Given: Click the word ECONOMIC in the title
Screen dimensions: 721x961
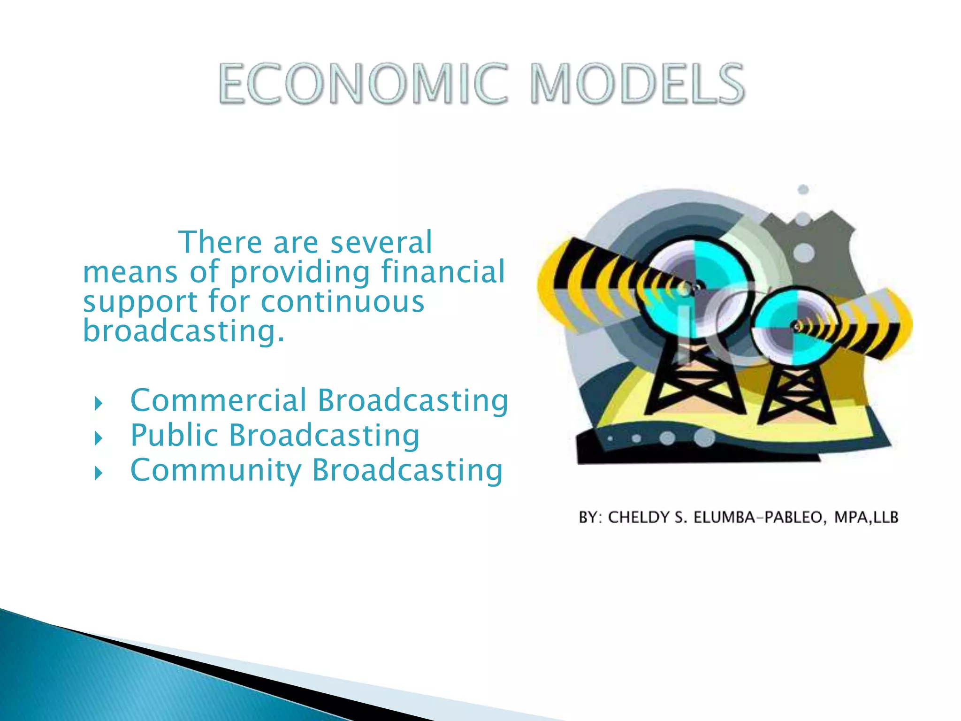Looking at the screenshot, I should pyautogui.click(x=363, y=84).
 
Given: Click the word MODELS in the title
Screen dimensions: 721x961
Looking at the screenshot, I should pyautogui.click(x=637, y=84).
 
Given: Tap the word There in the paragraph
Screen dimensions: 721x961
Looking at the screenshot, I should pyautogui.click(x=220, y=243).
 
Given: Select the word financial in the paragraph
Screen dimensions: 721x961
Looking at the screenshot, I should pyautogui.click(x=443, y=272).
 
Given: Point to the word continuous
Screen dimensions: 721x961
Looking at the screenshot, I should pyautogui.click(x=343, y=301).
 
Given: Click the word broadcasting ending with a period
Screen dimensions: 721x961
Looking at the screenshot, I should pyautogui.click(x=183, y=331).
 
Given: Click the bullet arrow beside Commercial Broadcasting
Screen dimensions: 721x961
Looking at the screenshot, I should pyautogui.click(x=98, y=403).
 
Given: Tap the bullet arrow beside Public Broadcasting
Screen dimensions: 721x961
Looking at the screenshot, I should pyautogui.click(x=98, y=438).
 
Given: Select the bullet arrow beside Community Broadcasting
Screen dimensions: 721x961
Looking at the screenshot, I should pyautogui.click(x=98, y=473).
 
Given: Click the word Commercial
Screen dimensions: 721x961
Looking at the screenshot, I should pyautogui.click(x=218, y=400).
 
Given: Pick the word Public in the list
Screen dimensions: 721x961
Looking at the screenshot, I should pyautogui.click(x=174, y=435).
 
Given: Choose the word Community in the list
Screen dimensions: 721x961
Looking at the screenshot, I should pyautogui.click(x=216, y=470).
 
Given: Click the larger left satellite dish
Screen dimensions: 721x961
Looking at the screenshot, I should pyautogui.click(x=692, y=286).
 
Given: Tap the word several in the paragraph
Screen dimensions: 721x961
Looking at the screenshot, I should pyautogui.click(x=381, y=243).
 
